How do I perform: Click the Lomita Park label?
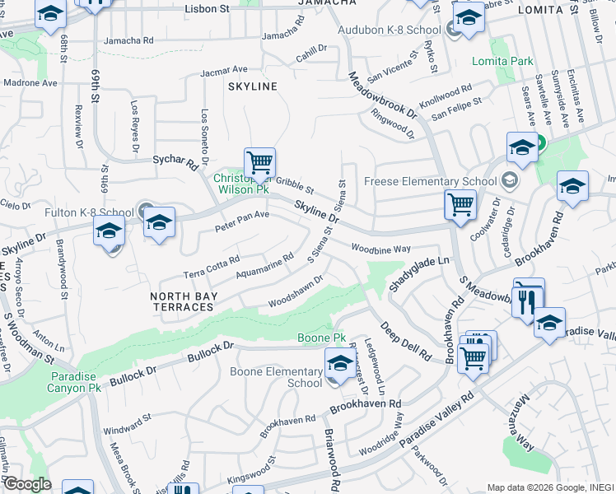click(502, 61)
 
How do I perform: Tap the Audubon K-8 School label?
click(390, 30)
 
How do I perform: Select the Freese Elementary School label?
click(429, 181)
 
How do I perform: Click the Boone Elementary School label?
click(282, 377)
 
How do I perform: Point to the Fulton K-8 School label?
click(90, 212)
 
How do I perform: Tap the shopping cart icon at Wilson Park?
click(259, 162)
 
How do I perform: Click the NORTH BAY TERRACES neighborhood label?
click(182, 301)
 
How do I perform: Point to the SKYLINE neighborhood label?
click(253, 86)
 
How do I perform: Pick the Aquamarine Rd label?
click(264, 265)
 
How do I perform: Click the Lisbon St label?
click(207, 8)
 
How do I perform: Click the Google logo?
click(26, 484)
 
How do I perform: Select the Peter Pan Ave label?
click(242, 220)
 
